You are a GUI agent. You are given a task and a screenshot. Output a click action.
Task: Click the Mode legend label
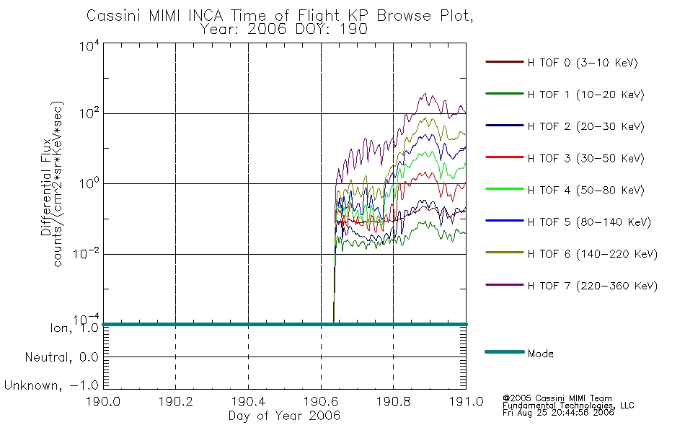[x=540, y=354]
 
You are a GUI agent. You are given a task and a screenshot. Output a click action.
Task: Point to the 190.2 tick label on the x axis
[x=176, y=401]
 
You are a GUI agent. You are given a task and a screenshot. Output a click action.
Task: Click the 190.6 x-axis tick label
[x=321, y=401]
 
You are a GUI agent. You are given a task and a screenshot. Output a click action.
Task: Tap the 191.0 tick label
[x=466, y=401]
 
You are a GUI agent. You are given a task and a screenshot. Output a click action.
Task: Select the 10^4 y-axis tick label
[x=89, y=46]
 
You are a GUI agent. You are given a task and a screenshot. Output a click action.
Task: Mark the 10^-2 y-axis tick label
[x=86, y=254]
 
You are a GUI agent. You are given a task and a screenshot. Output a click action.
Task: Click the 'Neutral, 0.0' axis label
[x=61, y=357]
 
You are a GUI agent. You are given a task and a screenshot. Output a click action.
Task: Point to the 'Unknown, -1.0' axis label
[x=51, y=385]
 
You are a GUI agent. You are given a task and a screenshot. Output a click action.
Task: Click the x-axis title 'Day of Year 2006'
[x=284, y=416]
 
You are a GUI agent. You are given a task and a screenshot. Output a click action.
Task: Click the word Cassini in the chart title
[x=115, y=16]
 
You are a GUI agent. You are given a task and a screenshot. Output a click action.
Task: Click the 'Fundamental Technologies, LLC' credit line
[x=568, y=406]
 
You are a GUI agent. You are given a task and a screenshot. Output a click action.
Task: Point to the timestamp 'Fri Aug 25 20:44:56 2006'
[x=558, y=413]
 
